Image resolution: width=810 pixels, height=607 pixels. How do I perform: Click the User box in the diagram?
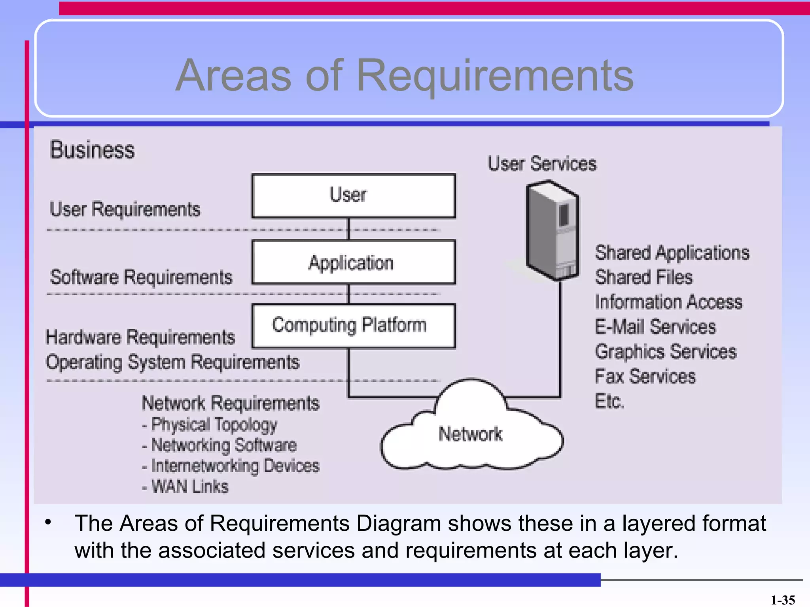pyautogui.click(x=353, y=196)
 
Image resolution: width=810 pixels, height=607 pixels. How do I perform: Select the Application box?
pyautogui.click(x=353, y=262)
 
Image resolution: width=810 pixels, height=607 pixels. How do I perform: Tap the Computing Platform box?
pyautogui.click(x=353, y=326)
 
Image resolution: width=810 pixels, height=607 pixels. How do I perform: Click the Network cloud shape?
pyautogui.click(x=471, y=435)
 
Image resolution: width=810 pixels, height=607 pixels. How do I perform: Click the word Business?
pyautogui.click(x=92, y=150)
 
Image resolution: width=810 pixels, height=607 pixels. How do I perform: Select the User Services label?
pyautogui.click(x=542, y=164)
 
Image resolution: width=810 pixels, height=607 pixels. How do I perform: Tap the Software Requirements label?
pyautogui.click(x=141, y=277)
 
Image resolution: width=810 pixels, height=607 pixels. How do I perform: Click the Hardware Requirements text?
pyautogui.click(x=140, y=337)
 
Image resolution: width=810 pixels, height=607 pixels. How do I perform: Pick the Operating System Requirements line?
pyautogui.click(x=173, y=362)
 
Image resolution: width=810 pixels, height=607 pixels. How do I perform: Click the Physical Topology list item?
pyautogui.click(x=214, y=425)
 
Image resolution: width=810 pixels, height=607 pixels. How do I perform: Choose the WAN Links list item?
pyautogui.click(x=190, y=486)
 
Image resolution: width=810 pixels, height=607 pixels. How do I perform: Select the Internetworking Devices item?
pyautogui.click(x=235, y=466)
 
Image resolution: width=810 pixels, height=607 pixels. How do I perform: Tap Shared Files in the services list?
pyautogui.click(x=644, y=277)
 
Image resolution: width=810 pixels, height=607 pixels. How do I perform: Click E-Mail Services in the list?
pyautogui.click(x=655, y=327)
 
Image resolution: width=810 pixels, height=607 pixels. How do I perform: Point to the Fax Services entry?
pyautogui.click(x=645, y=376)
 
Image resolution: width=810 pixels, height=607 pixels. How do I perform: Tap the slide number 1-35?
pyautogui.click(x=783, y=600)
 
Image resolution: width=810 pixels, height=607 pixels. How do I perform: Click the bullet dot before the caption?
pyautogui.click(x=48, y=522)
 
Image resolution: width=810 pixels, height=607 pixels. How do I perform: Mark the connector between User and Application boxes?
pyautogui.click(x=348, y=229)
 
